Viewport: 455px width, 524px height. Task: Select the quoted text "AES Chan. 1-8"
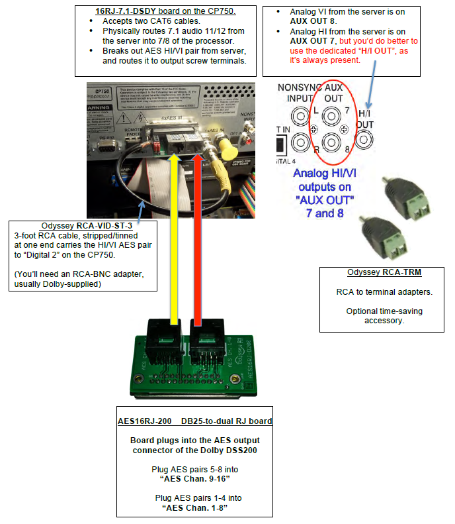196,509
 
